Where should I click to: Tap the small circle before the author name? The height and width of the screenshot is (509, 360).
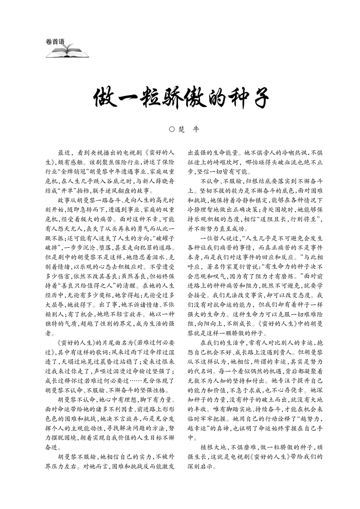click(x=171, y=129)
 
